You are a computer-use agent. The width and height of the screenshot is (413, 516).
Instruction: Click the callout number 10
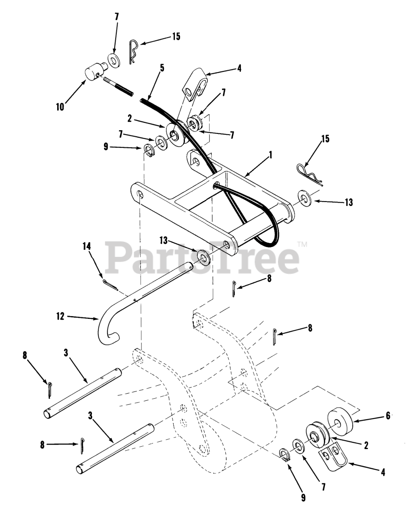pos(60,108)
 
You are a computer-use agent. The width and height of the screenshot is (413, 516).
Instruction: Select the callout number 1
pos(271,154)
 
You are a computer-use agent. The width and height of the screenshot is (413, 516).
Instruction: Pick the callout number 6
pos(388,416)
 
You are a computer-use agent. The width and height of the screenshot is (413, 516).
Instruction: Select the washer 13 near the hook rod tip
pos(202,257)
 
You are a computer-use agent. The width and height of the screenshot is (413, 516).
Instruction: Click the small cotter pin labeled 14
pos(109,285)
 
